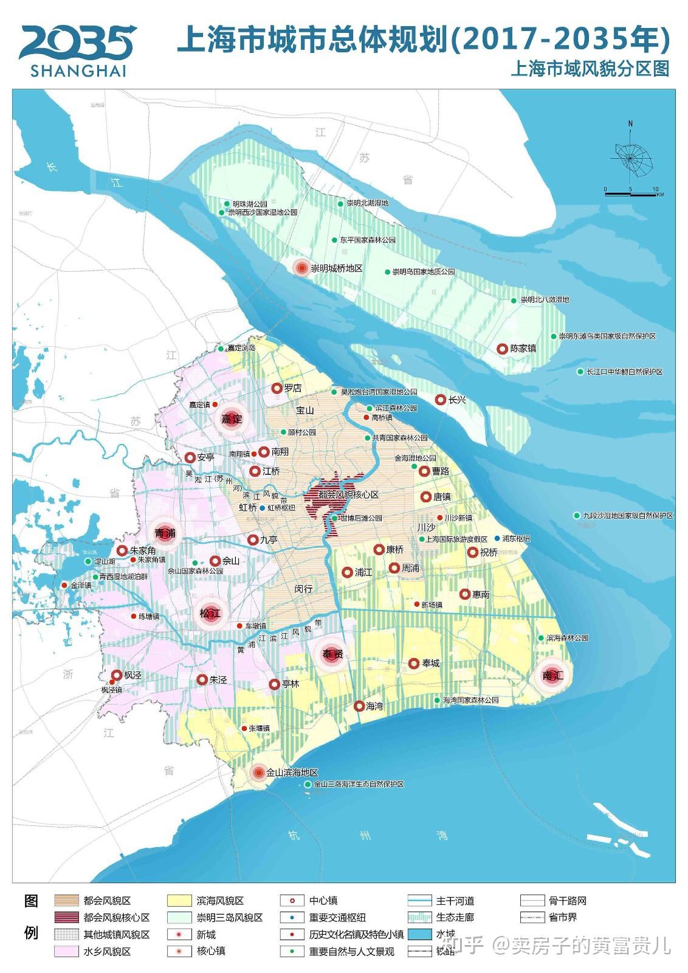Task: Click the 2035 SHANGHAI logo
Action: [77, 50]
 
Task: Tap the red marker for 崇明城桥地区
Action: [301, 268]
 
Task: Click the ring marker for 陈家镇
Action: [502, 348]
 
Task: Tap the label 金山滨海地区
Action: [292, 772]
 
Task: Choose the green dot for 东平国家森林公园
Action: [334, 240]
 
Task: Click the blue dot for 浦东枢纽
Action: [498, 538]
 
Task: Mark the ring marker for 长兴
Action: [440, 400]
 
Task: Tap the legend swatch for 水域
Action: [419, 934]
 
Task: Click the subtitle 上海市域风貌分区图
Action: [589, 68]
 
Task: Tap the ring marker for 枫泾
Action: [117, 675]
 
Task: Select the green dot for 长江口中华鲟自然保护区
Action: [580, 372]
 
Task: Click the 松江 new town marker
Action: [209, 614]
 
